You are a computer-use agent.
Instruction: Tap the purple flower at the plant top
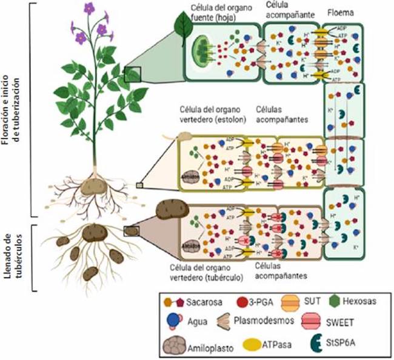pyautogui.click(x=89, y=8)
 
